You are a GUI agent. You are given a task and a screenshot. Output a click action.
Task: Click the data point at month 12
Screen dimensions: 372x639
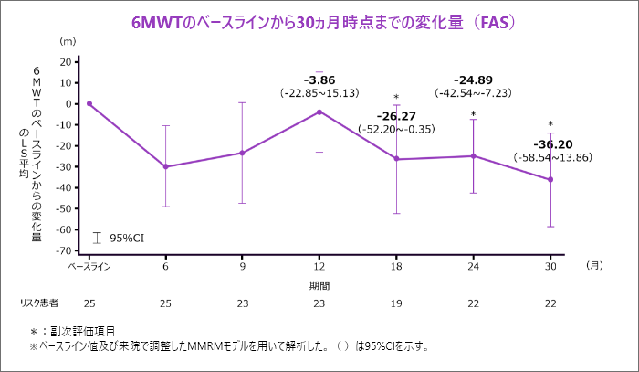pos(319,112)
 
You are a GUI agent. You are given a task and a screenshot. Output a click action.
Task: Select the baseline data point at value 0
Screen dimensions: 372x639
pos(89,103)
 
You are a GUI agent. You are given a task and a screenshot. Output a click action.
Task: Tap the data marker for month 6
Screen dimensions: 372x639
pos(165,166)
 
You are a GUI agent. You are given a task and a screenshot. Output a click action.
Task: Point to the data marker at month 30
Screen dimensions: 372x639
pos(550,179)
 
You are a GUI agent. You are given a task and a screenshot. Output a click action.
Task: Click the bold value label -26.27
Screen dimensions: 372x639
pos(396,116)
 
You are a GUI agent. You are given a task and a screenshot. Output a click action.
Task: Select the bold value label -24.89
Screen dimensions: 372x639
pos(473,79)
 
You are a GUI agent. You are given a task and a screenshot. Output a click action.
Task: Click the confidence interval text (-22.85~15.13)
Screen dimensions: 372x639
pos(319,92)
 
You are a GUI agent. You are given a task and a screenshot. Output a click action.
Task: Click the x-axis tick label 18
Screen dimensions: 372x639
pos(396,267)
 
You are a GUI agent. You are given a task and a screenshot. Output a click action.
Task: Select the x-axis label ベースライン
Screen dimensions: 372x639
pos(89,267)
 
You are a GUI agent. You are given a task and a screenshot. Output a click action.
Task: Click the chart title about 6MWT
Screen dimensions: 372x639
pos(319,20)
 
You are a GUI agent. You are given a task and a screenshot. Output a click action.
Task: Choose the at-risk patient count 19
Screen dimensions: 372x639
pos(396,303)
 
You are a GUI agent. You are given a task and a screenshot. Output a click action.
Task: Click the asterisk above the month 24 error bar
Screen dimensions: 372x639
pos(473,115)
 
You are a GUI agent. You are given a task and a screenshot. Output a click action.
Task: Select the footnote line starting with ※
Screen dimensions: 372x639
pos(228,346)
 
